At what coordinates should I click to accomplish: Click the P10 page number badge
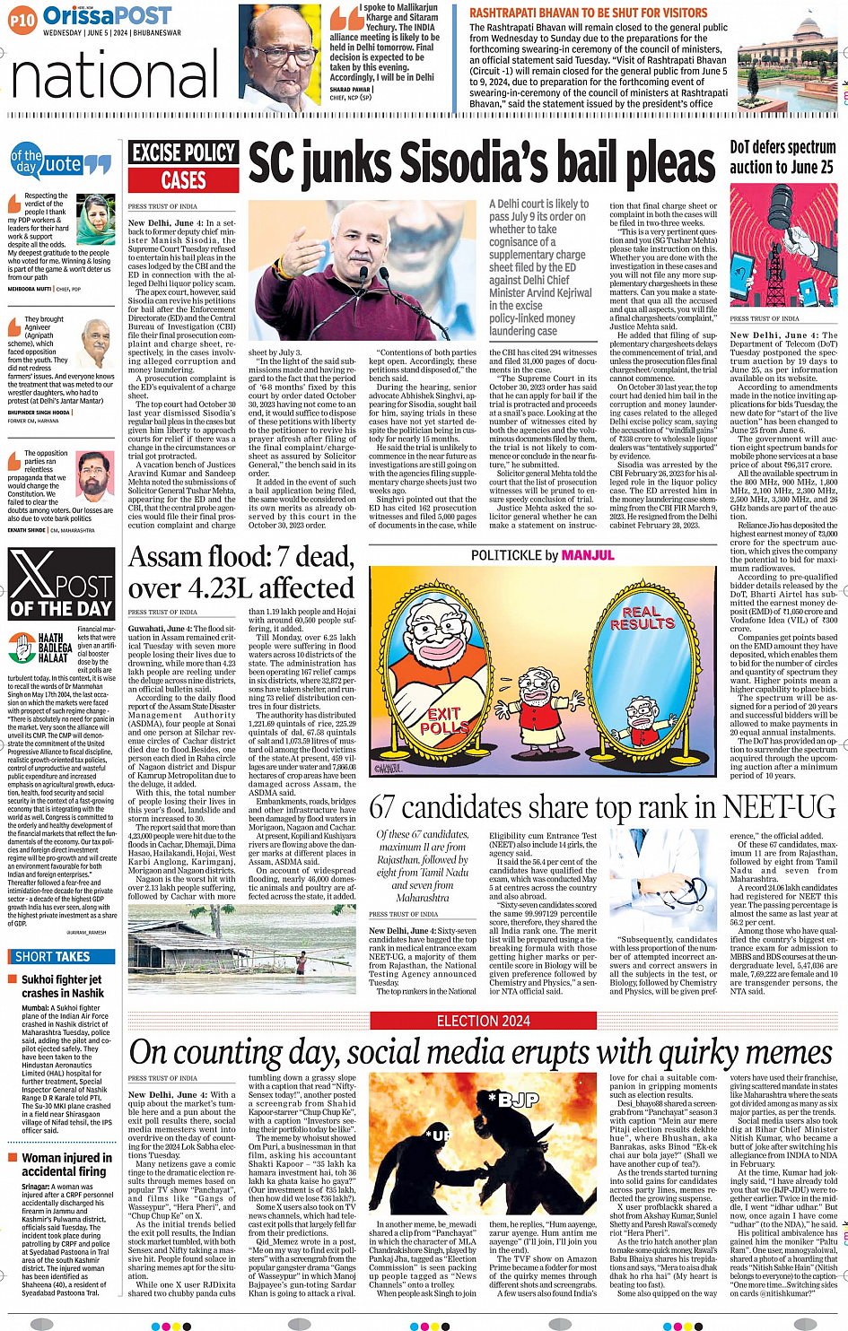coord(22,18)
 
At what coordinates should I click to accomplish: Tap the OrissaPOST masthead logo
coord(107,16)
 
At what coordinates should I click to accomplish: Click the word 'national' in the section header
coord(115,74)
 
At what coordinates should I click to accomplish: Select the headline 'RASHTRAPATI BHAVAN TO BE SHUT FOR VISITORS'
coord(589,13)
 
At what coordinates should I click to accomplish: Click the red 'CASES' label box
coord(183,180)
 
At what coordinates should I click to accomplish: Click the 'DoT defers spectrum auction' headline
coord(782,157)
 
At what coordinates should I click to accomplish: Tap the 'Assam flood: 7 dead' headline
coord(241,557)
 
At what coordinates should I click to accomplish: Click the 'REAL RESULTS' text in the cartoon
coord(642,617)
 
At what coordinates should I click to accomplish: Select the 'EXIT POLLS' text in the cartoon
coord(444,721)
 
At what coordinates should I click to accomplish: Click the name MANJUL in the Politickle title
coord(588,555)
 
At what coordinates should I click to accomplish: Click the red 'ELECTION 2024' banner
coord(484,1021)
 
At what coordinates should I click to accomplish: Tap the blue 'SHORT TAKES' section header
coord(52,957)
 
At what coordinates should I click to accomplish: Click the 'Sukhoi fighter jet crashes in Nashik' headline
coord(63,987)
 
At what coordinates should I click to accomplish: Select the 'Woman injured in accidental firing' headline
coord(66,1164)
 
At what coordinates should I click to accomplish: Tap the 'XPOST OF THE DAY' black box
coord(62,585)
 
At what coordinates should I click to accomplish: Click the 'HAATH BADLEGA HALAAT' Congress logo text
coord(55,648)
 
